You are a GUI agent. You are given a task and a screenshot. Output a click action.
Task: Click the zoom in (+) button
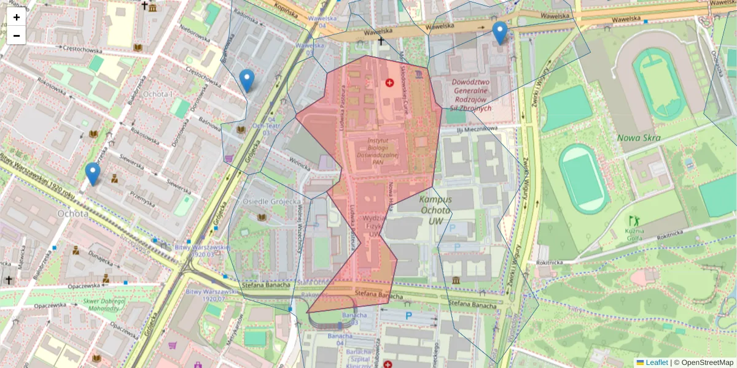17,17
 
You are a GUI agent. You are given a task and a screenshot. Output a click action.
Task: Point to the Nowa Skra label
639,137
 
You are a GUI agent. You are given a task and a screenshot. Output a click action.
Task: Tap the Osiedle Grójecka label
272,201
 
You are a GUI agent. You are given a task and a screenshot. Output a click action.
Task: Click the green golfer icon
633,219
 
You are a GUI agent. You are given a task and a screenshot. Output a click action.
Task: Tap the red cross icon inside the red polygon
389,83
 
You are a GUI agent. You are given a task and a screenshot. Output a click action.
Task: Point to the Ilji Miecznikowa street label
476,129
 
